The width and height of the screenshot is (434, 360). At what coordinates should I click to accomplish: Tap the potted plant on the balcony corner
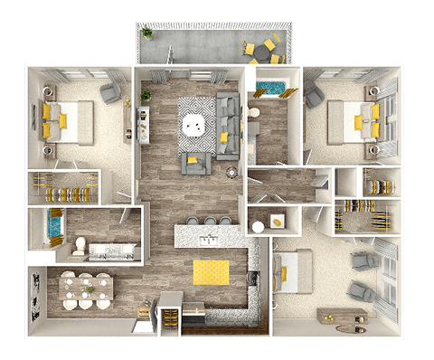point(146,33)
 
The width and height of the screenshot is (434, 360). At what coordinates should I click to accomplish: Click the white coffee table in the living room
point(194,123)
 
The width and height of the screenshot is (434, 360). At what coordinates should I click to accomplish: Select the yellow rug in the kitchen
point(211,271)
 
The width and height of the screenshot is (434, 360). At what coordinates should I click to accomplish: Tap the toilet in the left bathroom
point(80,245)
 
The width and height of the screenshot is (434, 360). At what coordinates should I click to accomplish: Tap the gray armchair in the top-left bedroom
point(111,92)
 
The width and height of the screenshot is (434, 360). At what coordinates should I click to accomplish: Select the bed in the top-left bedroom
point(68,120)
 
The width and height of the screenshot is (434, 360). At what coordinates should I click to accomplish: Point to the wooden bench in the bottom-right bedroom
point(341,316)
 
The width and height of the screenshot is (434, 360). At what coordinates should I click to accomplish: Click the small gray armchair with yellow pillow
point(196,163)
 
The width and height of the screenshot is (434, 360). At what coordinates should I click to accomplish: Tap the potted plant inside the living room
point(146,94)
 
